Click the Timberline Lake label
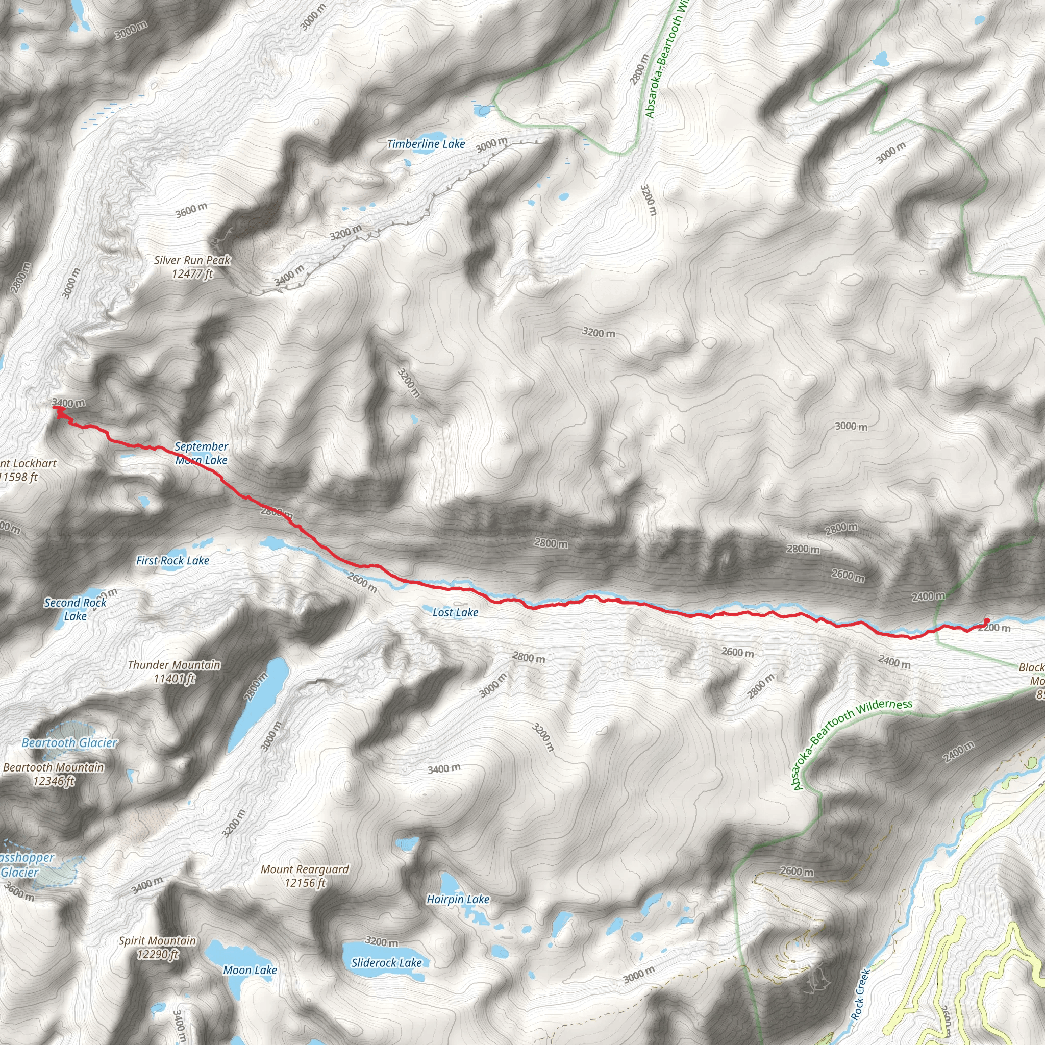click(x=426, y=144)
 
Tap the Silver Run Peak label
click(x=192, y=267)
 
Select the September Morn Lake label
click(x=201, y=453)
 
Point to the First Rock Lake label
click(x=172, y=560)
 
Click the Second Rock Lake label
click(x=75, y=609)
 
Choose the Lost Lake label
click(x=456, y=612)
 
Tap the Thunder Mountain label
click(x=174, y=672)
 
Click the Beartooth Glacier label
click(x=69, y=742)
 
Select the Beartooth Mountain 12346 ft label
click(x=54, y=774)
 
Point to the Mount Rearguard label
click(x=305, y=876)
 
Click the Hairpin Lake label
click(x=458, y=899)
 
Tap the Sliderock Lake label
click(x=386, y=963)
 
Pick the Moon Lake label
click(x=250, y=971)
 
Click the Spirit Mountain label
click(x=157, y=948)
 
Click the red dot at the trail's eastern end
click(x=986, y=620)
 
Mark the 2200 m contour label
click(x=994, y=628)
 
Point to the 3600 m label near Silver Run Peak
click(x=191, y=210)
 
